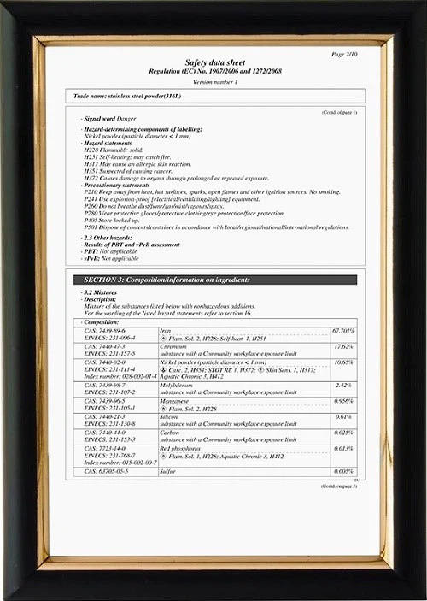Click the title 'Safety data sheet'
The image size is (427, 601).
click(x=214, y=62)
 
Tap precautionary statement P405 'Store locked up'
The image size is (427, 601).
click(x=111, y=220)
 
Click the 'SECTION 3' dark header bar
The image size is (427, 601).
click(x=213, y=280)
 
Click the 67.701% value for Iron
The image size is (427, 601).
click(x=343, y=330)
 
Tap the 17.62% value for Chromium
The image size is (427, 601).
click(x=344, y=346)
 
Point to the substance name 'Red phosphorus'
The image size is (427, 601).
click(x=180, y=448)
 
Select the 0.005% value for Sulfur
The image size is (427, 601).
click(x=344, y=471)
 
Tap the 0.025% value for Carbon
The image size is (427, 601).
click(x=344, y=433)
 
